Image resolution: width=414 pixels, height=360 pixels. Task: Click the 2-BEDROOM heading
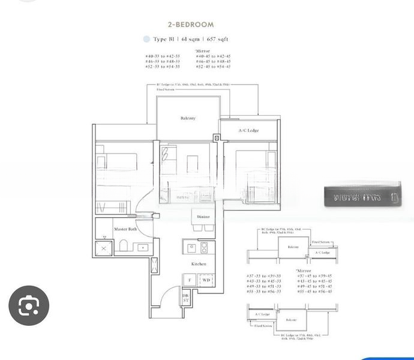pos(190,25)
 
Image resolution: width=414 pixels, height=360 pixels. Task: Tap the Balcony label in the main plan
pos(188,118)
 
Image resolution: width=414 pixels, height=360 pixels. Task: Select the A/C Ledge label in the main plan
pos(248,130)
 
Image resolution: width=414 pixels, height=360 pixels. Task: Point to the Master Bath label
pos(125,229)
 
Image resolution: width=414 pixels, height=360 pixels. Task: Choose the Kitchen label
pos(199,264)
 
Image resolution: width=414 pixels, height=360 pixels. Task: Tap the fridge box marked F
pos(190,280)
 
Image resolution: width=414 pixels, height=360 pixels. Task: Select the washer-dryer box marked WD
pos(206,280)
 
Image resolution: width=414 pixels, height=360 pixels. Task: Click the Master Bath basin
pos(143,247)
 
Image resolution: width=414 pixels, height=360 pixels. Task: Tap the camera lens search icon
pos(28,307)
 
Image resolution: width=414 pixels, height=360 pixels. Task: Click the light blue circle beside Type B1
pos(146,39)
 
